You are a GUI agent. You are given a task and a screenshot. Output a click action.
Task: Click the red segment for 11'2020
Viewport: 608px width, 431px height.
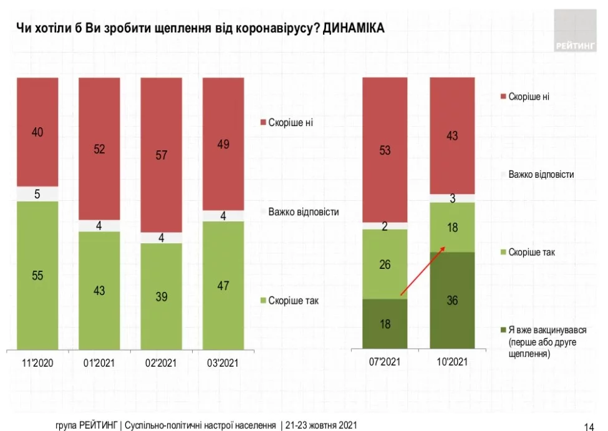coord(37,132)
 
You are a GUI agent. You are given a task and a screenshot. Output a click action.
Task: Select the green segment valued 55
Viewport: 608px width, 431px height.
coord(37,275)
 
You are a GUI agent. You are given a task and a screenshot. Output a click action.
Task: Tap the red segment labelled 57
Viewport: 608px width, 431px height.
coord(161,155)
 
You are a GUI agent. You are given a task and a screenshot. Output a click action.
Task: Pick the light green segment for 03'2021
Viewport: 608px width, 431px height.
coord(223,285)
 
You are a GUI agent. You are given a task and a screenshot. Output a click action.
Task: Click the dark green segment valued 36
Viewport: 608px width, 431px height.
coord(452,300)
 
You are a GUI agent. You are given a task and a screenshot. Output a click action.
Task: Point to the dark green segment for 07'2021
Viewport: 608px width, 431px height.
coord(385,323)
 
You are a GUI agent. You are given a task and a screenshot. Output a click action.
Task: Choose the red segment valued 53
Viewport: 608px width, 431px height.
coord(385,150)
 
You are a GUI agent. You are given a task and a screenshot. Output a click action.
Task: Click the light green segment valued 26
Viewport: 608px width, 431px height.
coord(385,264)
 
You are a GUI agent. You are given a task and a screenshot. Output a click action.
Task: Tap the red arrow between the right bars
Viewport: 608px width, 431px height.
coord(422,270)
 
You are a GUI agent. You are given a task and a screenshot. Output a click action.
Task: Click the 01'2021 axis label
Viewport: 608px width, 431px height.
coord(99,362)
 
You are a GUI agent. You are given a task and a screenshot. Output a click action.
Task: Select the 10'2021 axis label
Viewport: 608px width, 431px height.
coord(452,362)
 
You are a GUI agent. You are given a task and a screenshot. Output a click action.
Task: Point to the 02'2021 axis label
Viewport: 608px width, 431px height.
coord(161,362)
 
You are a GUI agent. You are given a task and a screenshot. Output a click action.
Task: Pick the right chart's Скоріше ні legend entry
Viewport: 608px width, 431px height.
coord(528,97)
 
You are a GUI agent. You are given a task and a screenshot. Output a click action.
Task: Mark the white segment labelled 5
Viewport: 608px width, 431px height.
coord(37,194)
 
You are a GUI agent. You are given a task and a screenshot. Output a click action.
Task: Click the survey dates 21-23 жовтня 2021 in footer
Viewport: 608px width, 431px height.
coord(322,425)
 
